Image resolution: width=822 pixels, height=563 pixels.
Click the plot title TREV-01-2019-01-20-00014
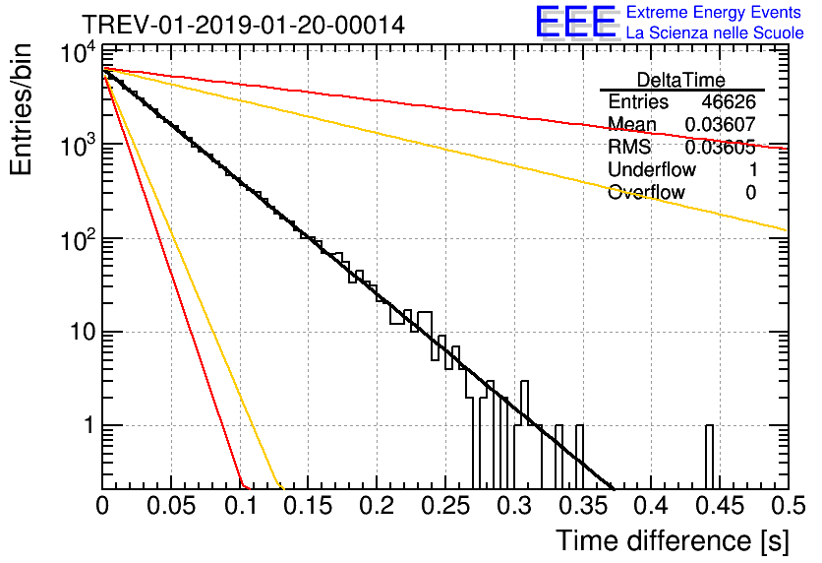click(x=242, y=26)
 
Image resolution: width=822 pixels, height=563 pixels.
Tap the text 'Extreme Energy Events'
click(x=715, y=13)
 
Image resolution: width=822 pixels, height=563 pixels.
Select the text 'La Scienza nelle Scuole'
click(x=715, y=33)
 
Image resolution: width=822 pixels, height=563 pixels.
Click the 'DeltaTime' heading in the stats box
click(x=681, y=80)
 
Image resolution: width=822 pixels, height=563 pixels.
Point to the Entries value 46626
click(x=729, y=102)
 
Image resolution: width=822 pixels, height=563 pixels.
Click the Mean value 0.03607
click(x=720, y=125)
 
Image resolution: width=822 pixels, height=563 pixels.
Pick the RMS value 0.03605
click(x=720, y=148)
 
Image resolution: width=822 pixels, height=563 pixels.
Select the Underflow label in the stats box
click(x=652, y=169)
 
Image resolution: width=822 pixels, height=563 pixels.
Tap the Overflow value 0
click(x=750, y=192)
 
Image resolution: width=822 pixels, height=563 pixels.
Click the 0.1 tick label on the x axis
click(x=240, y=506)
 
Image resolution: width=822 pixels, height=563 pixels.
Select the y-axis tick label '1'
click(x=88, y=427)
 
